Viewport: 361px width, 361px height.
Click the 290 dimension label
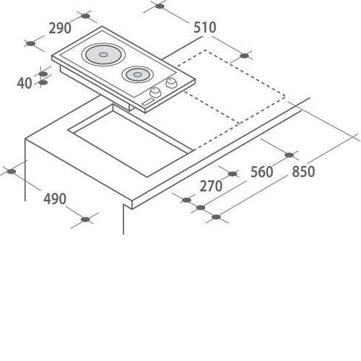click(60, 28)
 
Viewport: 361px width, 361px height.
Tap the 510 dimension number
click(205, 27)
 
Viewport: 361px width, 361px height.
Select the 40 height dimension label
click(25, 83)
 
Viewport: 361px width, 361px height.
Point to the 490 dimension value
click(55, 199)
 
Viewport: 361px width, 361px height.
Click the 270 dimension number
click(211, 186)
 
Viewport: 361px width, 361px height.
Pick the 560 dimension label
click(262, 172)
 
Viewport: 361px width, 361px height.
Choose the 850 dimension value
click(303, 172)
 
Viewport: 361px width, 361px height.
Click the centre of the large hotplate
click(103, 55)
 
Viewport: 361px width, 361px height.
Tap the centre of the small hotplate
click(137, 74)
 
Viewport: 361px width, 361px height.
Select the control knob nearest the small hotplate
click(171, 83)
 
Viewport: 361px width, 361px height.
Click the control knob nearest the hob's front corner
click(155, 92)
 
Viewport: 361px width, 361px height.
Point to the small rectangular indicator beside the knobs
click(148, 103)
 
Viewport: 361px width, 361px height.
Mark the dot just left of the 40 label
click(43, 82)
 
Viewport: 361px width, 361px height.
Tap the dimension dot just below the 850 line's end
click(217, 217)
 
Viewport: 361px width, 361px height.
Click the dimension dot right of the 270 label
click(232, 174)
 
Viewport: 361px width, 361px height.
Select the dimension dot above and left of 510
click(160, 6)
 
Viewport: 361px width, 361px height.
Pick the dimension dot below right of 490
click(85, 219)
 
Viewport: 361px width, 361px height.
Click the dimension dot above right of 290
click(85, 16)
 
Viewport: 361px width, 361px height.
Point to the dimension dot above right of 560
click(290, 155)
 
